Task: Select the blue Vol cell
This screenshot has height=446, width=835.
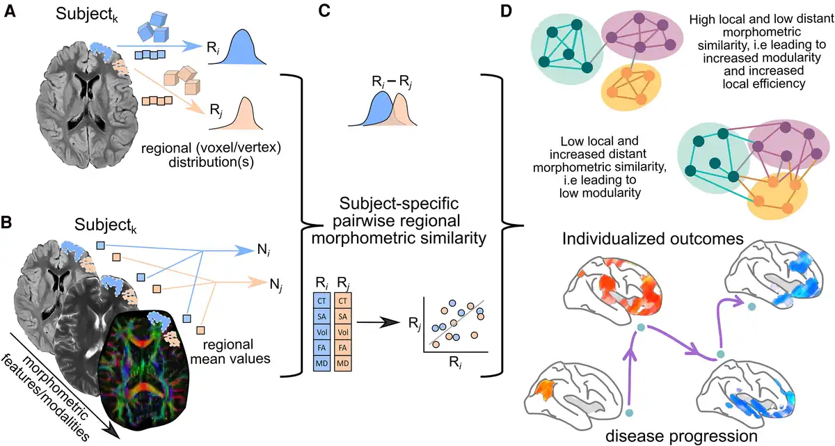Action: pos(321,331)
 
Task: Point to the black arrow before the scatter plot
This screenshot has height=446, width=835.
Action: pos(376,322)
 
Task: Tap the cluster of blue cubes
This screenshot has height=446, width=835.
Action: pos(154,27)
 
